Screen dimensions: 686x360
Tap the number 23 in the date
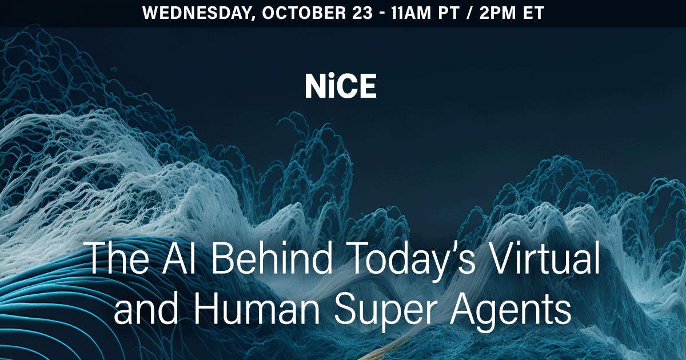(362, 13)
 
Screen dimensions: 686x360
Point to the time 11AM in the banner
(411, 13)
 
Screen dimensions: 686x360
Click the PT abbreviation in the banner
(449, 13)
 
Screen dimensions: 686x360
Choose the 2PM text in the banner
(498, 13)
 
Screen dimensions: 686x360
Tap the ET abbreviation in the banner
(533, 13)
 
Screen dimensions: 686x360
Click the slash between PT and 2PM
(469, 13)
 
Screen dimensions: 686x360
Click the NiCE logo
(341, 87)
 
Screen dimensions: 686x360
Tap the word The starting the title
(117, 258)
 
